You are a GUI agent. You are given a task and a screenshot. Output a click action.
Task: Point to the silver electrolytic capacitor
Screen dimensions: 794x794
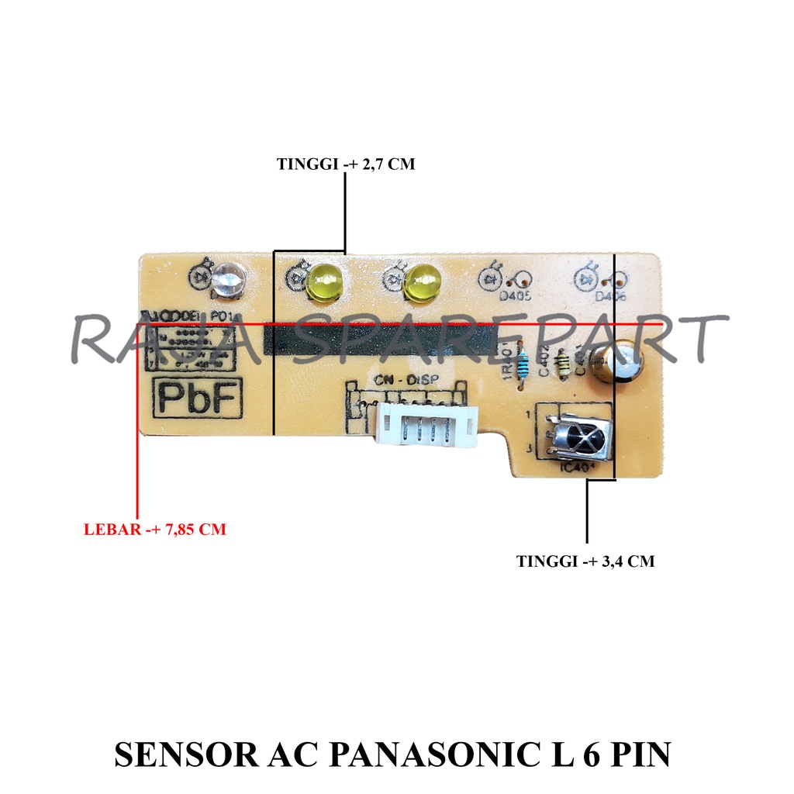pyautogui.click(x=614, y=364)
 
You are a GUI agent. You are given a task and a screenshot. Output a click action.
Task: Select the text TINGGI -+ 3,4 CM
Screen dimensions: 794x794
pyautogui.click(x=585, y=561)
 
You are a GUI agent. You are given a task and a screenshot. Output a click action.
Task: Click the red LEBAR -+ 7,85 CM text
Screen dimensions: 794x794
pyautogui.click(x=154, y=531)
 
